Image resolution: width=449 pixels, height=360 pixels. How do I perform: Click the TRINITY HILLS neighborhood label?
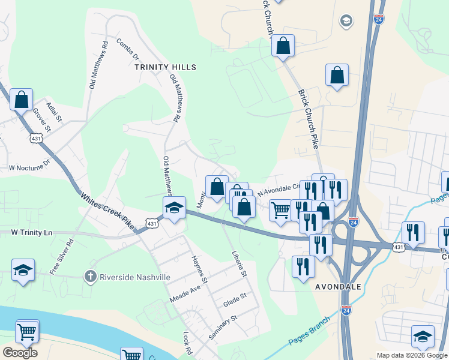[x=165, y=68]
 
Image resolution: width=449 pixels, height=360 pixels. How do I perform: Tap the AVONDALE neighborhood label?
[x=338, y=287]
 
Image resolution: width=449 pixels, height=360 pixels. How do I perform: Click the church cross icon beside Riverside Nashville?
[x=90, y=277]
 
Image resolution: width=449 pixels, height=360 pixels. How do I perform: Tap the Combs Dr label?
[x=127, y=50]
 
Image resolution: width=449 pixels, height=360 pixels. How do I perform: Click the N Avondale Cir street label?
[x=277, y=190]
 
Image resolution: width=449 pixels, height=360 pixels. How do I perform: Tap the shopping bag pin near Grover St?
[x=22, y=100]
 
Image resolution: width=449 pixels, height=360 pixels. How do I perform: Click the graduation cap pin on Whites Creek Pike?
[x=174, y=209]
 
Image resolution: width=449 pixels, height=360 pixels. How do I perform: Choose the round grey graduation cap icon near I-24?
[x=346, y=22]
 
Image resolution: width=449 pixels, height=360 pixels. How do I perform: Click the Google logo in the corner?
[x=20, y=352]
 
